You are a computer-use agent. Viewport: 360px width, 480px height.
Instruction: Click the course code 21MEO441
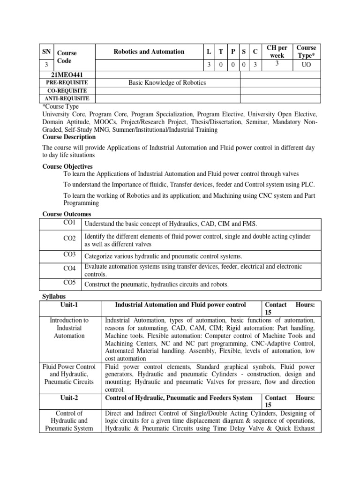click(69, 74)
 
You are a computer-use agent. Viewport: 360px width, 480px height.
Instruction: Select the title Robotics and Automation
click(149, 52)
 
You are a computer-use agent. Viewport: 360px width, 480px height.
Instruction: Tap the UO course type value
click(307, 65)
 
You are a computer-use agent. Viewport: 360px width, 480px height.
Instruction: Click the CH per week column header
click(277, 52)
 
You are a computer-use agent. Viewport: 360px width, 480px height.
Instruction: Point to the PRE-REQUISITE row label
click(69, 82)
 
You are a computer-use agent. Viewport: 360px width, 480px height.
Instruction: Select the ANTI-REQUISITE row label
click(69, 98)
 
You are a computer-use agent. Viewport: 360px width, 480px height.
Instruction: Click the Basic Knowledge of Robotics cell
click(167, 82)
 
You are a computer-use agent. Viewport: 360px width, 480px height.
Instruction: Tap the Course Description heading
click(69, 137)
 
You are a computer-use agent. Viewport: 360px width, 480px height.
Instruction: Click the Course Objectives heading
click(67, 166)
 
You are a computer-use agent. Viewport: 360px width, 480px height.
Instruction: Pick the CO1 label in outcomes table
click(69, 223)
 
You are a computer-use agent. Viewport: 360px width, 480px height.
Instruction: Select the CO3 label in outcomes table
click(69, 254)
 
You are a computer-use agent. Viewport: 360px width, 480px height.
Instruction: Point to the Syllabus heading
click(54, 297)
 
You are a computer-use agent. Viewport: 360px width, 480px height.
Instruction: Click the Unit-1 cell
click(69, 305)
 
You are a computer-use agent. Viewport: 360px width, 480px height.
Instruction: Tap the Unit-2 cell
click(69, 398)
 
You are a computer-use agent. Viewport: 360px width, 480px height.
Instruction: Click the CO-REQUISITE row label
click(69, 90)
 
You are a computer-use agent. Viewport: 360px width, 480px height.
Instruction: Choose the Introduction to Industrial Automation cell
click(69, 328)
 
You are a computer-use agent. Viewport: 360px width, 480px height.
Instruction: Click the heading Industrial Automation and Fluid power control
click(180, 305)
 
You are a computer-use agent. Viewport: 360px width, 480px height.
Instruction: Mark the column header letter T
click(221, 52)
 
